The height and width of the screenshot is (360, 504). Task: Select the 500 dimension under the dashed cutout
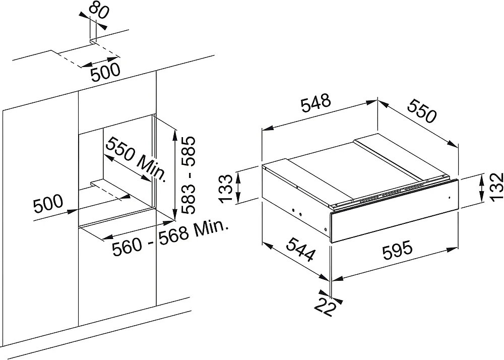point(105,73)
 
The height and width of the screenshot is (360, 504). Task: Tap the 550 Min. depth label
point(135,159)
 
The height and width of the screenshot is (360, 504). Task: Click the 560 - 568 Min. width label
point(170,238)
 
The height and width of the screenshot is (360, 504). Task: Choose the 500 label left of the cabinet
point(48,203)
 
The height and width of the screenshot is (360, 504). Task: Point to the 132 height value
point(496,187)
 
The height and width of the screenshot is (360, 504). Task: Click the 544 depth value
point(300,249)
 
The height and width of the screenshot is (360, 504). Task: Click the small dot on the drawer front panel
point(449,197)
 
